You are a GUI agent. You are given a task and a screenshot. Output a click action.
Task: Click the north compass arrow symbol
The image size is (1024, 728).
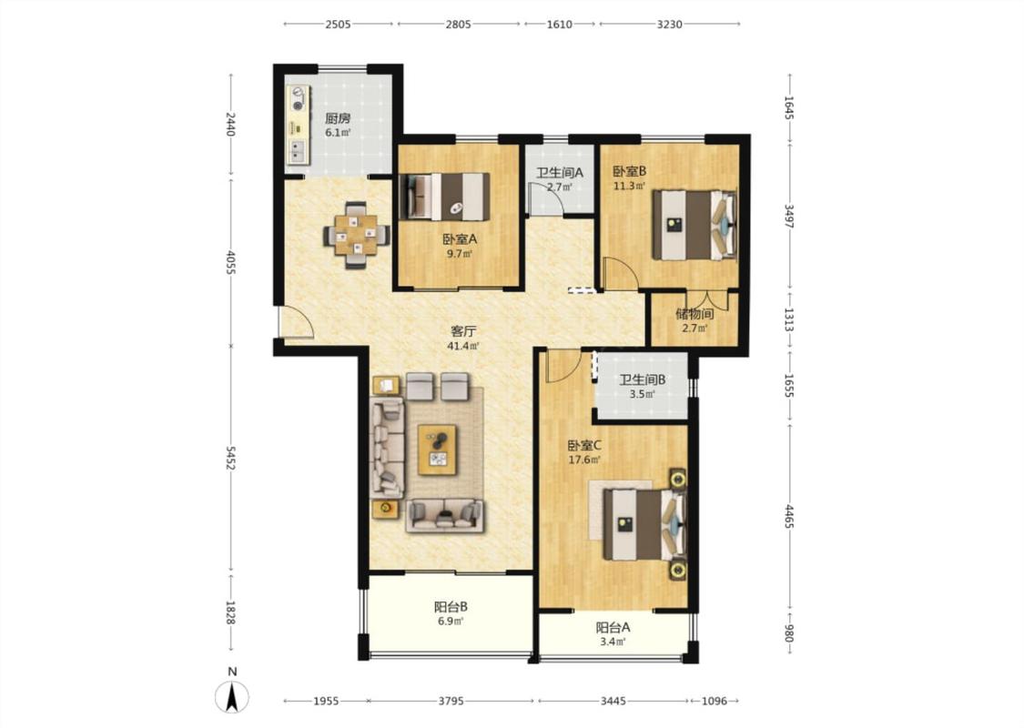(x=231, y=696)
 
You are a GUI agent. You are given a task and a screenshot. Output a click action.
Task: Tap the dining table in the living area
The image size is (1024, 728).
(x=357, y=235)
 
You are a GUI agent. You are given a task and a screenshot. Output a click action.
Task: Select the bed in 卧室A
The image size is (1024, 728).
(x=444, y=197)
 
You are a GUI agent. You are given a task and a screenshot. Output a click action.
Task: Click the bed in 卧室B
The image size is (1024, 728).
(x=694, y=225)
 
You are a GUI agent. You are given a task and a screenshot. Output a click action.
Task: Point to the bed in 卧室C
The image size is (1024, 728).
(x=644, y=524)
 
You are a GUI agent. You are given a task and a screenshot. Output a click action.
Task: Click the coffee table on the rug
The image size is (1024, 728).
(x=437, y=450)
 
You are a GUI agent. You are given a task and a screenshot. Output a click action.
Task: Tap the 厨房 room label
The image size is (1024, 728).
(x=338, y=118)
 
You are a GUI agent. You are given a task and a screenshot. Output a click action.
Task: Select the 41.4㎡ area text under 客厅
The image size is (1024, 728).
(x=462, y=346)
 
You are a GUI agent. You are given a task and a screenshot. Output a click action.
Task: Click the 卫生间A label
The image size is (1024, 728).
(x=560, y=173)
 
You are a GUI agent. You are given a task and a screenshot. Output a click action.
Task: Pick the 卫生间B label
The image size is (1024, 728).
(x=643, y=379)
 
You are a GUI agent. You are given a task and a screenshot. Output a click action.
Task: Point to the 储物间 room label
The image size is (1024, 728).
(x=694, y=314)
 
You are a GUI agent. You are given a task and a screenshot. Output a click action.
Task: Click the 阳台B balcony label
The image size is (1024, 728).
(x=451, y=607)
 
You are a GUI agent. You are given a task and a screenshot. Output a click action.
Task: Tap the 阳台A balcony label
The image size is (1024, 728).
(x=613, y=628)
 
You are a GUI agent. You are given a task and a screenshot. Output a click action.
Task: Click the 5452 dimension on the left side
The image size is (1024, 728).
(x=230, y=459)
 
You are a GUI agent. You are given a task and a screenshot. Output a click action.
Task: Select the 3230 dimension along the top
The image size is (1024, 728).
(x=669, y=25)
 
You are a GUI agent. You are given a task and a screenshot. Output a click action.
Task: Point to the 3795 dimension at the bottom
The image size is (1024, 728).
(x=451, y=701)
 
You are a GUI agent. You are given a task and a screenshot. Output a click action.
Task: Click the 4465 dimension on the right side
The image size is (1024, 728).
(x=789, y=517)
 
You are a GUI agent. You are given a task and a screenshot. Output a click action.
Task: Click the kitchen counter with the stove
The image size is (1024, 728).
(x=299, y=125)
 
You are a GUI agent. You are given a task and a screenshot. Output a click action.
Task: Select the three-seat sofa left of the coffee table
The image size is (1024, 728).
(x=388, y=448)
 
